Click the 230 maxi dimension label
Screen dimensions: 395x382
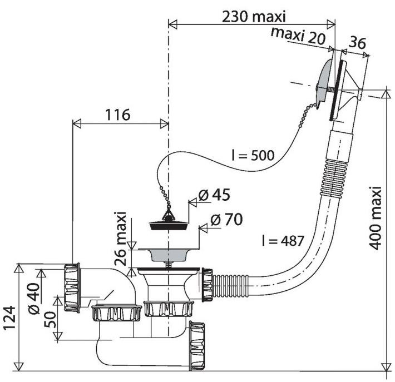tap(254, 17)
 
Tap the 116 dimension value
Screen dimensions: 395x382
tap(117, 115)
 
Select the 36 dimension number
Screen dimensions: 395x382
tap(357, 43)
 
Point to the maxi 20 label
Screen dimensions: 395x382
tap(298, 36)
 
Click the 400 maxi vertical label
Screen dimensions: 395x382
tap(376, 218)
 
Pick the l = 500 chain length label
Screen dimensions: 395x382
tap(253, 155)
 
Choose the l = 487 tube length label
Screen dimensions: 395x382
tap(283, 240)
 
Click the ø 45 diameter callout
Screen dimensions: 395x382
tap(214, 195)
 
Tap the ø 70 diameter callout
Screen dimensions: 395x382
tap(227, 219)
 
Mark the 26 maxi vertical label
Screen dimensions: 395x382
tap(120, 239)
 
